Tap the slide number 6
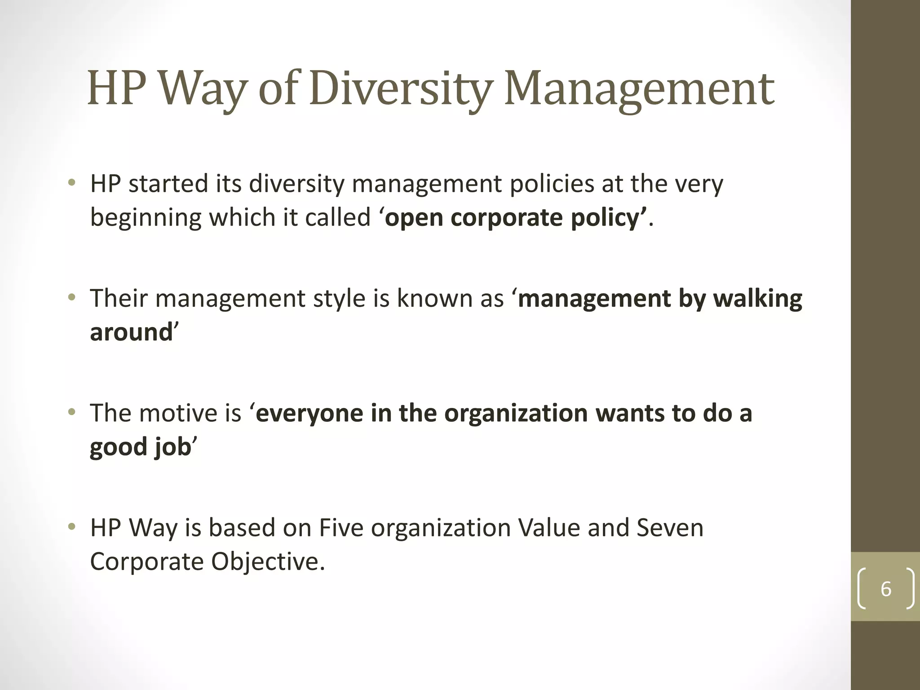click(x=885, y=589)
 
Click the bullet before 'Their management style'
click(x=71, y=297)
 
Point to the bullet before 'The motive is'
click(x=71, y=412)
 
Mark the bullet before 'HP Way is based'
click(x=71, y=526)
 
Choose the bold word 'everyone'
click(x=310, y=413)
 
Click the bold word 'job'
click(x=172, y=447)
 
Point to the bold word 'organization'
click(x=516, y=413)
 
